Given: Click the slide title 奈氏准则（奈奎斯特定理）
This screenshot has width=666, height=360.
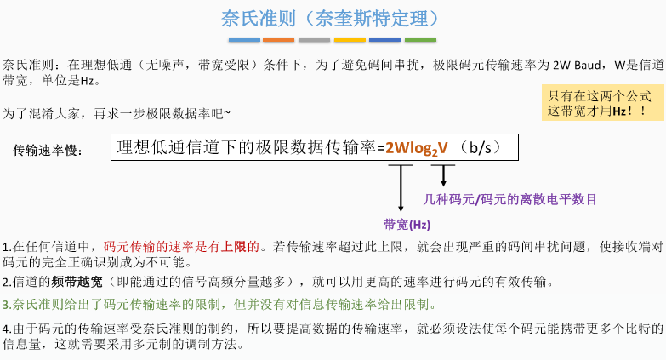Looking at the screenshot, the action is (333, 18).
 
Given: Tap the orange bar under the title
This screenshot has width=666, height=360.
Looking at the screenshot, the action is (279, 40).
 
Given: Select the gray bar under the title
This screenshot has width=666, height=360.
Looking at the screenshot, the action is (315, 40).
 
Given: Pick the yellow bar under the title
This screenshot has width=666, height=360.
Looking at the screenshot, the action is (350, 40).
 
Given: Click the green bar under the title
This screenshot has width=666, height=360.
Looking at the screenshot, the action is (420, 40).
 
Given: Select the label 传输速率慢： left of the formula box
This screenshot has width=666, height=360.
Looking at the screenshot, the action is (48, 151).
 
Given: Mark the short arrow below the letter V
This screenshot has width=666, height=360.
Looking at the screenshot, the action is (443, 175).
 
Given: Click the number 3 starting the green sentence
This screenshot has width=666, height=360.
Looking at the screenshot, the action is (6, 305).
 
